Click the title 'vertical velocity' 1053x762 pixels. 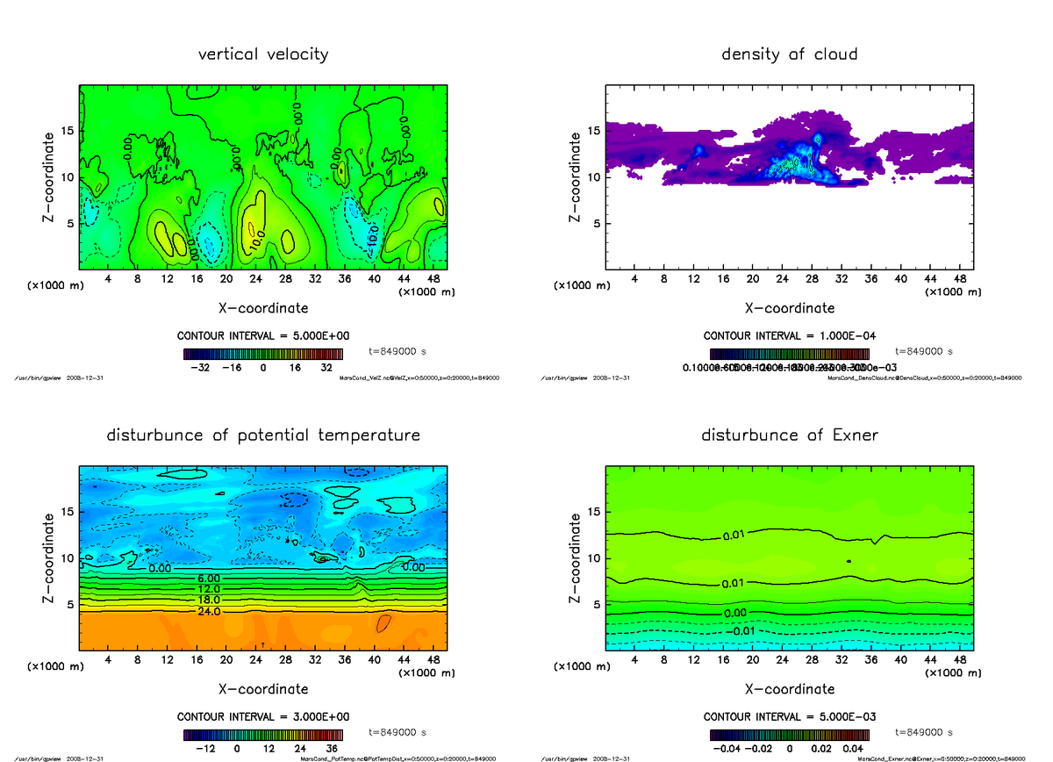tap(263, 54)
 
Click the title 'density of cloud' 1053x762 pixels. tap(789, 54)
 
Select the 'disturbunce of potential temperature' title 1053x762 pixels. tap(263, 435)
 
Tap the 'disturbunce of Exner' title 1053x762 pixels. tap(789, 435)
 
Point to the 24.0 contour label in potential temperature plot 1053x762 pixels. tap(209, 611)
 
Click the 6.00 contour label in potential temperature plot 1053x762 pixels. tap(209, 579)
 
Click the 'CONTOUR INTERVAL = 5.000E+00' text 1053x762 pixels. tap(264, 336)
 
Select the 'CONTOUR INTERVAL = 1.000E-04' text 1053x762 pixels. tap(790, 336)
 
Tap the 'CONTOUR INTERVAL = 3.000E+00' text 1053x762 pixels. tap(264, 716)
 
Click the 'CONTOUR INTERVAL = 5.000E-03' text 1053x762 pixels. tap(790, 716)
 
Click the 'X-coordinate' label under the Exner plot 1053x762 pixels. tap(790, 689)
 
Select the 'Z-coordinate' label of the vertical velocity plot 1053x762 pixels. tap(50, 176)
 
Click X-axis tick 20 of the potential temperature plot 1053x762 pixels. tap(226, 659)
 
